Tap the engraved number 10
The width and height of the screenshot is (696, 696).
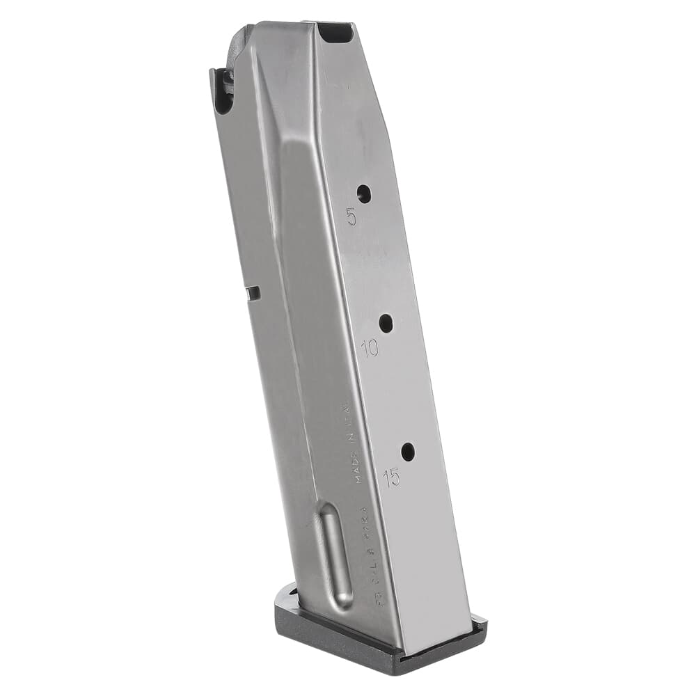370,348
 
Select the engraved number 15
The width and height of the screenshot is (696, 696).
392,477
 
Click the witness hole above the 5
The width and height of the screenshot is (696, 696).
363,193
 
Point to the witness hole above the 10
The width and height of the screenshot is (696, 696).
386,323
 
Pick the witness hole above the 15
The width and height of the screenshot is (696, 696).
408,452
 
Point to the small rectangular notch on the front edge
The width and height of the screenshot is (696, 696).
253,293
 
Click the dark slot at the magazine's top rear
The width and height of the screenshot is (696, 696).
336,32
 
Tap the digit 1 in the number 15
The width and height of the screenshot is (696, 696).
386,477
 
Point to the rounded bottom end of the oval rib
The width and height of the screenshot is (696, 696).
341,600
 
